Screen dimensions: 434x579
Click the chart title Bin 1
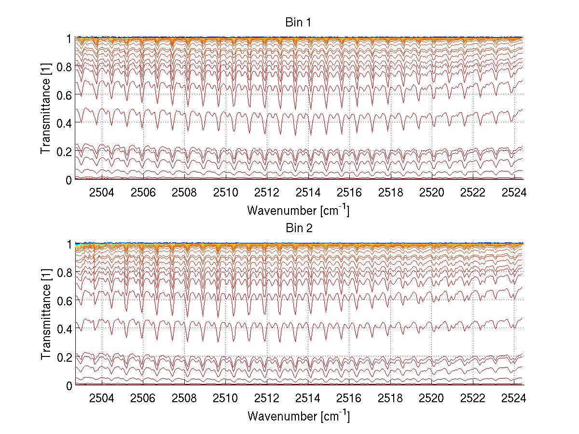pos(299,23)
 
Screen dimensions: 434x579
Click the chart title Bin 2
pos(299,228)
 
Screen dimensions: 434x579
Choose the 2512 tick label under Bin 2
pos(266,399)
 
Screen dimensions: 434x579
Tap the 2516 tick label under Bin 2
pos(349,399)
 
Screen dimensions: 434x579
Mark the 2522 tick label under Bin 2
pos(472,399)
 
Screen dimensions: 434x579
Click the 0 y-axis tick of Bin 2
pos(69,385)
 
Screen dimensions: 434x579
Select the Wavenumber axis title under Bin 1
pos(298,210)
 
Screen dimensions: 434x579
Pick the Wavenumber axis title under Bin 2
pos(298,416)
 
